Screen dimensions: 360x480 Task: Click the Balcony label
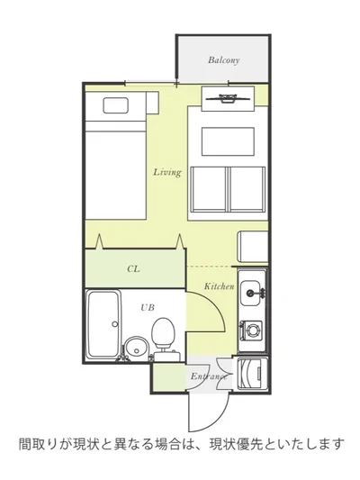click(x=223, y=60)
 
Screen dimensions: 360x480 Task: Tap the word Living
click(x=167, y=172)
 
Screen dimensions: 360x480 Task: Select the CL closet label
click(x=133, y=268)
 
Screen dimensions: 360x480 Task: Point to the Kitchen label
click(x=219, y=286)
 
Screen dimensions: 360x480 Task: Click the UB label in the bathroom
click(x=148, y=307)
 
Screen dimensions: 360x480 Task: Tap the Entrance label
click(x=209, y=376)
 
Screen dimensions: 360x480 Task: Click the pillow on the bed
click(x=115, y=105)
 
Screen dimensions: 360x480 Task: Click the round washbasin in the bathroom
click(x=136, y=347)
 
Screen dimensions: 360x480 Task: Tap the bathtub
click(x=103, y=324)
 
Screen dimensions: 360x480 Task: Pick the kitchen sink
click(x=252, y=293)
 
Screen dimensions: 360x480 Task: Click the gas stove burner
click(x=253, y=331)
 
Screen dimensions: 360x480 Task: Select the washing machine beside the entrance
click(x=251, y=373)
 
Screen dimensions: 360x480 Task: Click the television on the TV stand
click(x=228, y=98)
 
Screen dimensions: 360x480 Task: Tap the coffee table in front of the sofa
click(x=228, y=141)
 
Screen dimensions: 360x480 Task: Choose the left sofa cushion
click(x=208, y=189)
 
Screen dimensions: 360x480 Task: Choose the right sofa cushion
click(x=247, y=189)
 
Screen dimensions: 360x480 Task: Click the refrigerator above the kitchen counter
click(x=253, y=247)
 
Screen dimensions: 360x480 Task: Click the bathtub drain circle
click(x=114, y=324)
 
